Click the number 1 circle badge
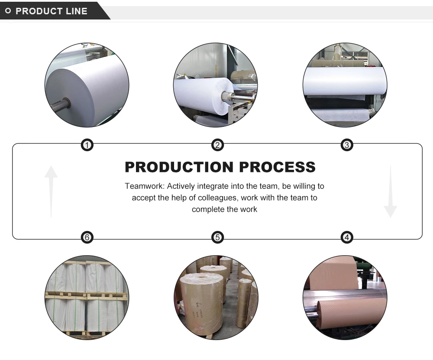(x=87, y=145)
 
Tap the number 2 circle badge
(x=217, y=145)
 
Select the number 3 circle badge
(x=346, y=145)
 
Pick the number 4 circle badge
(x=346, y=237)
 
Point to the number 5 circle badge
(x=217, y=237)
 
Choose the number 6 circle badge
(x=87, y=237)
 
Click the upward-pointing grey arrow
(x=51, y=191)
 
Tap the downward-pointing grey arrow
(x=390, y=191)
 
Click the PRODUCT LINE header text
(x=52, y=11)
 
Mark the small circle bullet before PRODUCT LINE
(x=8, y=11)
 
